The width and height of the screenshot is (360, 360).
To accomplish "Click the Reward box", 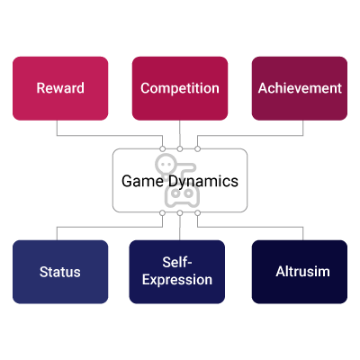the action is tap(60, 88).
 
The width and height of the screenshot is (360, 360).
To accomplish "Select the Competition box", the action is tap(180, 88).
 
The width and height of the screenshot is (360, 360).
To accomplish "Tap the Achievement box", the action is tap(300, 88).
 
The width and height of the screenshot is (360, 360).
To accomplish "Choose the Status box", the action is tap(60, 272).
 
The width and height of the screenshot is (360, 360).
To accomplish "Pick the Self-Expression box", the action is tap(177, 272).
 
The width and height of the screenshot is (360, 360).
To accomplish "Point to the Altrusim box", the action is tap(300, 272).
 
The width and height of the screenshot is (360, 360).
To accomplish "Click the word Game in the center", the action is tap(142, 181).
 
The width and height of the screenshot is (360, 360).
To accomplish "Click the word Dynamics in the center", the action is tap(203, 182).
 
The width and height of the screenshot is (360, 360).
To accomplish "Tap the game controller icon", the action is tap(182, 194).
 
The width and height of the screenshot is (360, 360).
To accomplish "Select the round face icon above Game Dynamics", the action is tap(166, 164).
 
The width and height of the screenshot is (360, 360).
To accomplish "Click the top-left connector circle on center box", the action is tap(162, 148).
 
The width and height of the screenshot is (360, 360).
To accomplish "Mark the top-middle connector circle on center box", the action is tap(180, 148).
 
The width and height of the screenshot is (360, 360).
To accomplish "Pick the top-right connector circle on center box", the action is tap(197, 148).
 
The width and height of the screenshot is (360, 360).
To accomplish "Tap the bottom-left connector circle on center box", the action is tap(162, 213).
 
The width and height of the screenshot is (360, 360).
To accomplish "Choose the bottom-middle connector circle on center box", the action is tap(180, 213).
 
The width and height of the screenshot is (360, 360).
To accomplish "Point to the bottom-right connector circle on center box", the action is tap(197, 213).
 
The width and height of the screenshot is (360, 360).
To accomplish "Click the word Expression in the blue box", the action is tap(177, 280).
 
